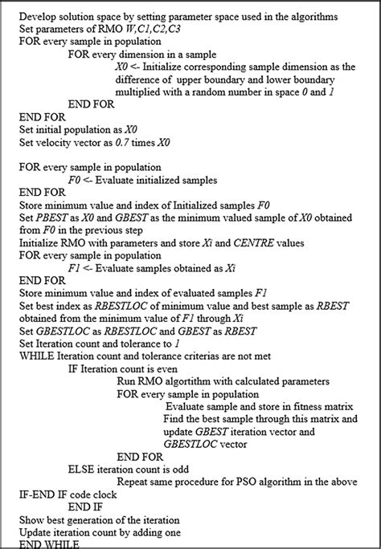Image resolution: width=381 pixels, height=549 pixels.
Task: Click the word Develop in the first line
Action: point(38,18)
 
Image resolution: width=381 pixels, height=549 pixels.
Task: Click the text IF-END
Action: point(35,492)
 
